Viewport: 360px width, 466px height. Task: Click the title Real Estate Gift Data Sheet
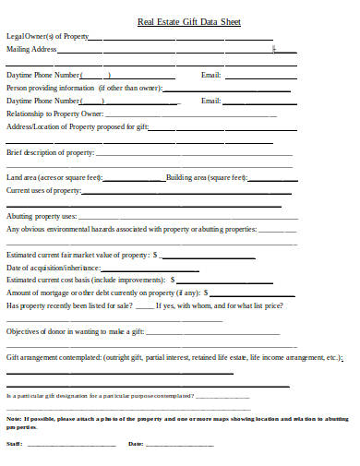[179, 20]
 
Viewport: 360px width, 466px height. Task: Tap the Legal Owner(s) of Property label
[47, 36]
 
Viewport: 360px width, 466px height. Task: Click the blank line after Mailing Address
[166, 51]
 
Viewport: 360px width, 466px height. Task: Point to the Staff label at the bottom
[14, 444]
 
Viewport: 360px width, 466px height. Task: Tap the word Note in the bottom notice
[14, 417]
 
